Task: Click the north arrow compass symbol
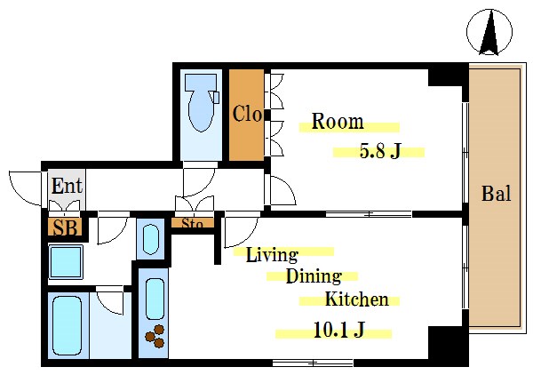[489, 32]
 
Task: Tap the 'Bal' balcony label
[497, 194]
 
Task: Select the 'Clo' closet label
[248, 114]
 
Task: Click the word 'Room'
[338, 122]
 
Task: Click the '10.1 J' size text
[339, 329]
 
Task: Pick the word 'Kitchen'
[357, 299]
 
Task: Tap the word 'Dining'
[314, 276]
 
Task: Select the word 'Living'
[272, 254]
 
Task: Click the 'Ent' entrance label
[67, 186]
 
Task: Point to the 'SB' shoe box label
[65, 227]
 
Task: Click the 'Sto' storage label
[192, 223]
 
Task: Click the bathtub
[67, 326]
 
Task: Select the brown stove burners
[155, 337]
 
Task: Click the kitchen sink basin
[155, 299]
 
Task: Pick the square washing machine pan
[66, 261]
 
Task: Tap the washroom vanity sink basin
[151, 239]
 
